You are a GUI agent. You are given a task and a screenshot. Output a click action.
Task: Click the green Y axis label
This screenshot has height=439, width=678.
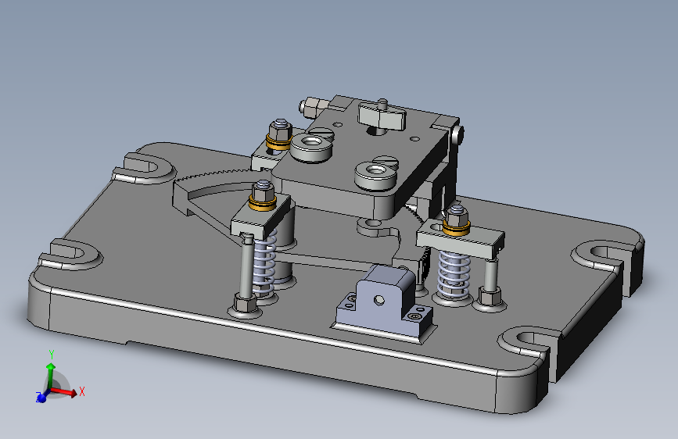52,355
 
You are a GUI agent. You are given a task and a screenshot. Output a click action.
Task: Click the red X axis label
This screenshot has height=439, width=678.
82,392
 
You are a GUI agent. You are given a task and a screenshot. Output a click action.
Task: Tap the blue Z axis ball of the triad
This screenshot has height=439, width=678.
41,398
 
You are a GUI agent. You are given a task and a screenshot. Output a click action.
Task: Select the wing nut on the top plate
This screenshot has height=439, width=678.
382,116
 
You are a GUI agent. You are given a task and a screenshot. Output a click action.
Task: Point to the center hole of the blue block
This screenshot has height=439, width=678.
378,300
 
